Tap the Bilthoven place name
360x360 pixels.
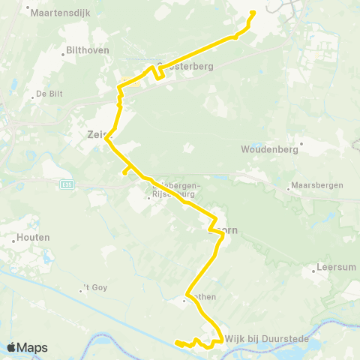tap(88, 50)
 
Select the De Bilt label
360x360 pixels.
tap(46, 94)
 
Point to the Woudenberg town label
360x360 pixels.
tap(270, 149)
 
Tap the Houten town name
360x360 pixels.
tap(31, 238)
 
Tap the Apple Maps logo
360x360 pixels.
tap(26, 347)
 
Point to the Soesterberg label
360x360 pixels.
tap(187, 66)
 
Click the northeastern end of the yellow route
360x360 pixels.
tap(252, 12)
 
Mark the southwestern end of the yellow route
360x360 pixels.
tap(177, 343)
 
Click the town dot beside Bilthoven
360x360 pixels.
tap(63, 54)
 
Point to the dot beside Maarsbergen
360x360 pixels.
tap(289, 187)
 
